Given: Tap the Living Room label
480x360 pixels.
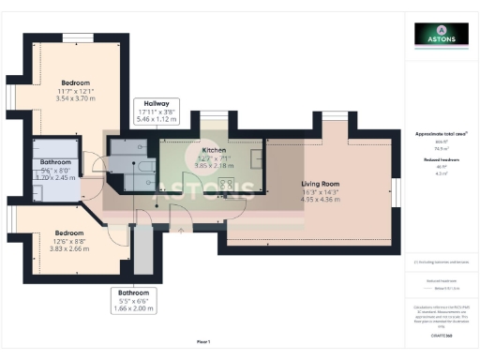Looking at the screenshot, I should [320, 184].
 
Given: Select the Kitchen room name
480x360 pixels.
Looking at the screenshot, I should [214, 150].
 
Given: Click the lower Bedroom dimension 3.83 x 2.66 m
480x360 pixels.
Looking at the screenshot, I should [69, 249].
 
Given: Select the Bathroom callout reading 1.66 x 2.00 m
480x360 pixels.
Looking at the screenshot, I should [132, 306].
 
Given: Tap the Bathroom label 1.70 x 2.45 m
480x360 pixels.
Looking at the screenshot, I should [53, 176].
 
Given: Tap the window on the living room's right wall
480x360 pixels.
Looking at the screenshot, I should [396, 191].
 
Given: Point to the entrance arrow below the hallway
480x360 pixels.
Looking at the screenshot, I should [181, 228].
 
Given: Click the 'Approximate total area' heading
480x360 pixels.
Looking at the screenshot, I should [441, 134].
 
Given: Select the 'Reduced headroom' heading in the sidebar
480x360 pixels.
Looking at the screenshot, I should [441, 160].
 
